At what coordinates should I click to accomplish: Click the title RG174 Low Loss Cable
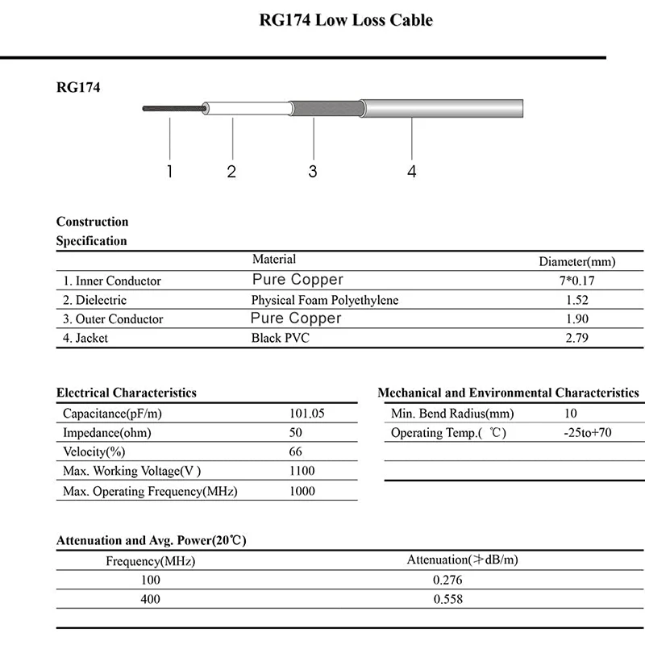click(x=345, y=20)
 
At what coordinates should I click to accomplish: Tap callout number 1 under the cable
click(x=170, y=171)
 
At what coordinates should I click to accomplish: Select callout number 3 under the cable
click(x=313, y=171)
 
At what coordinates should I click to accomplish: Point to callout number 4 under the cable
click(x=412, y=171)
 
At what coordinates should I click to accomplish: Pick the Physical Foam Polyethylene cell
click(x=325, y=300)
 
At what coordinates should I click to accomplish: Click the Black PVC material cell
click(x=280, y=338)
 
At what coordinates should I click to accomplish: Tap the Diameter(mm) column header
click(x=576, y=261)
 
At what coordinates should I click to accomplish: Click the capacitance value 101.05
click(x=306, y=413)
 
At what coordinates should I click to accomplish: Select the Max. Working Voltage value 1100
click(x=302, y=471)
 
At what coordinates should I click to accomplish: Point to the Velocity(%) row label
click(x=94, y=451)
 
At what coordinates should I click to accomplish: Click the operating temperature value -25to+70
click(x=588, y=433)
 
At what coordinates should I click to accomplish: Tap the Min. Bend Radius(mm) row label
click(x=452, y=414)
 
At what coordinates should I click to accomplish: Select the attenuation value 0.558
click(x=447, y=599)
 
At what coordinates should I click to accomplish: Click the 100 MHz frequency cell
click(x=150, y=580)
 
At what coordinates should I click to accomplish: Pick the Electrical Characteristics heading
click(x=127, y=393)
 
